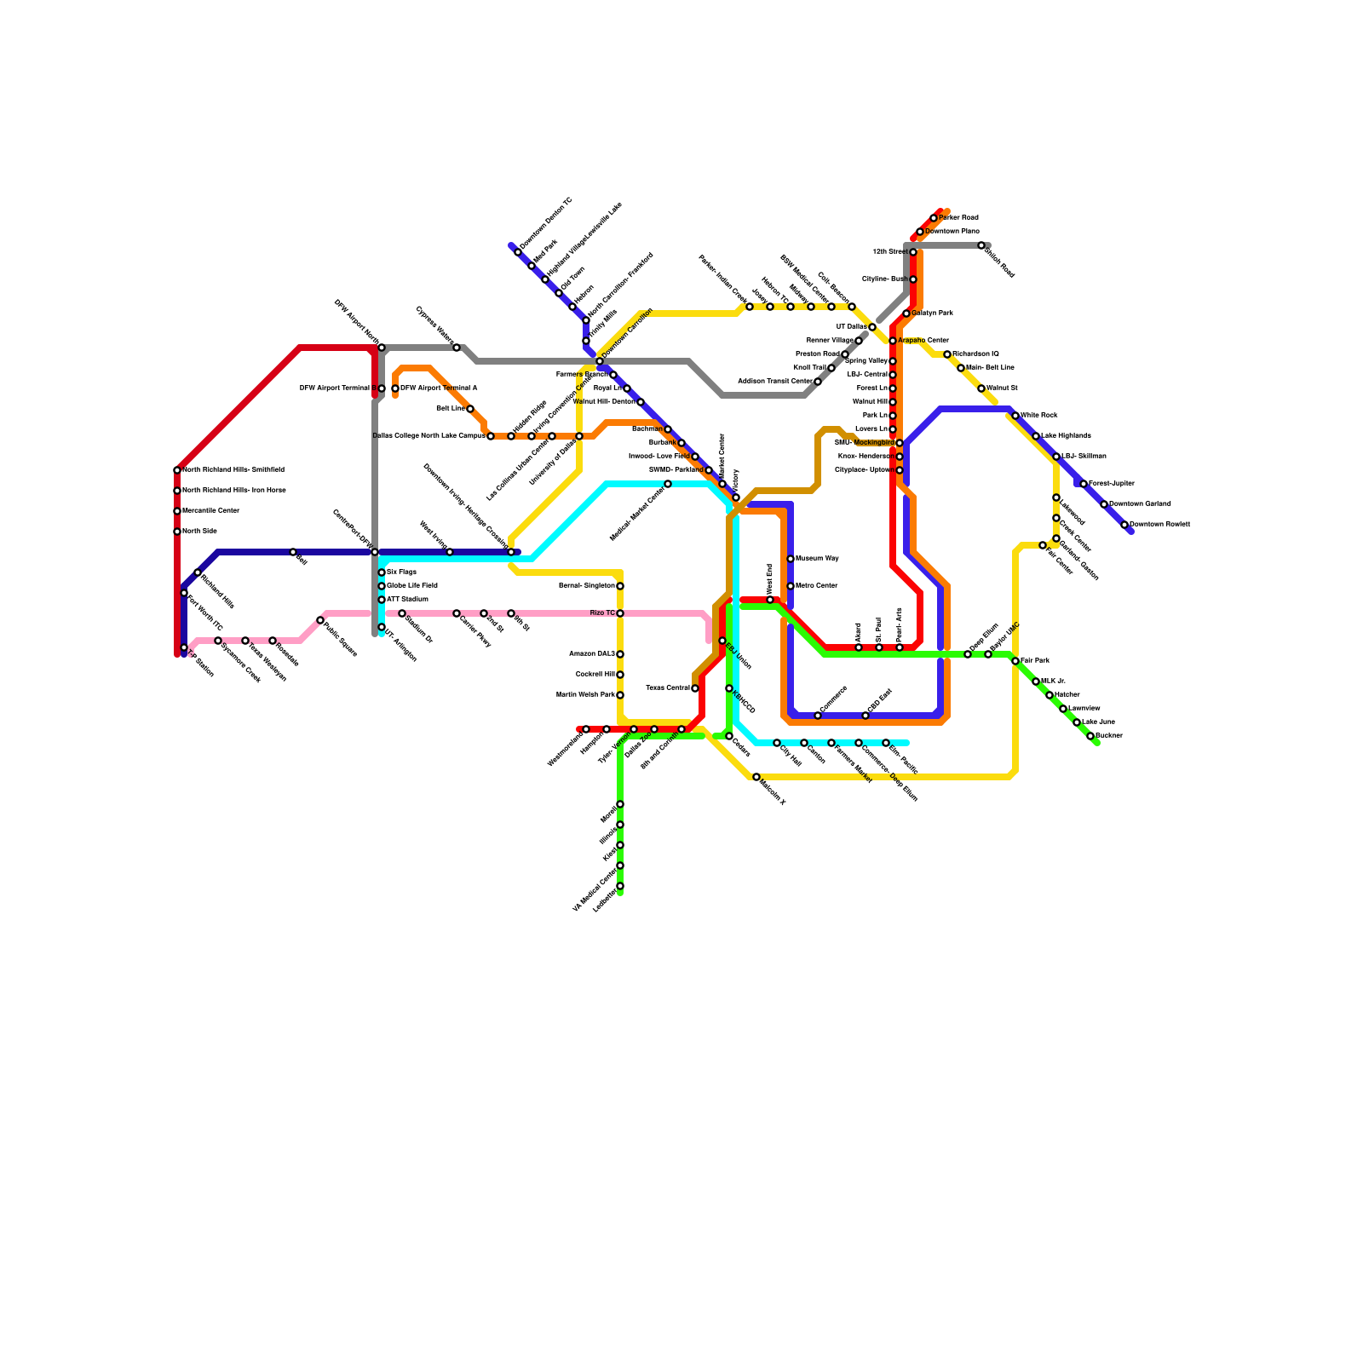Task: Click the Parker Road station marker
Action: click(934, 218)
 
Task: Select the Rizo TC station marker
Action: click(620, 613)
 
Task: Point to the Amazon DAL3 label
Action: click(591, 654)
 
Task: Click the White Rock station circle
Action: click(1015, 416)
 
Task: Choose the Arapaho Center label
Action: click(923, 341)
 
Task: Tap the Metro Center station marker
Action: click(791, 586)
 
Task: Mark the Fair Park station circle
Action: click(1015, 661)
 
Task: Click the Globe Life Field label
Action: click(411, 586)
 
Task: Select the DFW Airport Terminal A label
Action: click(439, 388)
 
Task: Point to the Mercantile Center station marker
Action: click(177, 511)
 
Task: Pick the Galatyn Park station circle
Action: click(906, 313)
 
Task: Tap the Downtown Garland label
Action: click(1140, 504)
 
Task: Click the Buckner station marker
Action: click(1090, 736)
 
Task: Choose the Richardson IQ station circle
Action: click(947, 354)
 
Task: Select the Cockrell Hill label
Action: click(595, 675)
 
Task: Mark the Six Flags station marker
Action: click(382, 572)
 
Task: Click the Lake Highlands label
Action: click(1066, 436)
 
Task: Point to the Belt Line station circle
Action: click(470, 409)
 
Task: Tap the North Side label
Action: click(199, 532)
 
